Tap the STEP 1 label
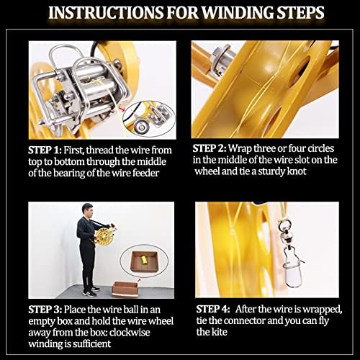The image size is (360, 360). click(x=45, y=150)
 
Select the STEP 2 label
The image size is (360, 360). click(x=210, y=148)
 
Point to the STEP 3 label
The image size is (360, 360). click(x=45, y=310)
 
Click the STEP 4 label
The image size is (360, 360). click(x=213, y=309)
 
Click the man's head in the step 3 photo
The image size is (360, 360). click(x=87, y=210)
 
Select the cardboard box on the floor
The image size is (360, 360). click(x=125, y=289)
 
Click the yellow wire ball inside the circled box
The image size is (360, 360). click(x=144, y=261)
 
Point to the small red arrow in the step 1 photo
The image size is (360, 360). click(x=122, y=109)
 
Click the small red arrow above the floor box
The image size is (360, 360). click(x=138, y=280)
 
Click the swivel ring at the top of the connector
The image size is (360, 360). click(x=284, y=224)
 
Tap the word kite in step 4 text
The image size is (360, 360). click(x=219, y=332)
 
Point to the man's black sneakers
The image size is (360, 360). click(x=91, y=292)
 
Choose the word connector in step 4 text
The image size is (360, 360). click(x=244, y=320)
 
